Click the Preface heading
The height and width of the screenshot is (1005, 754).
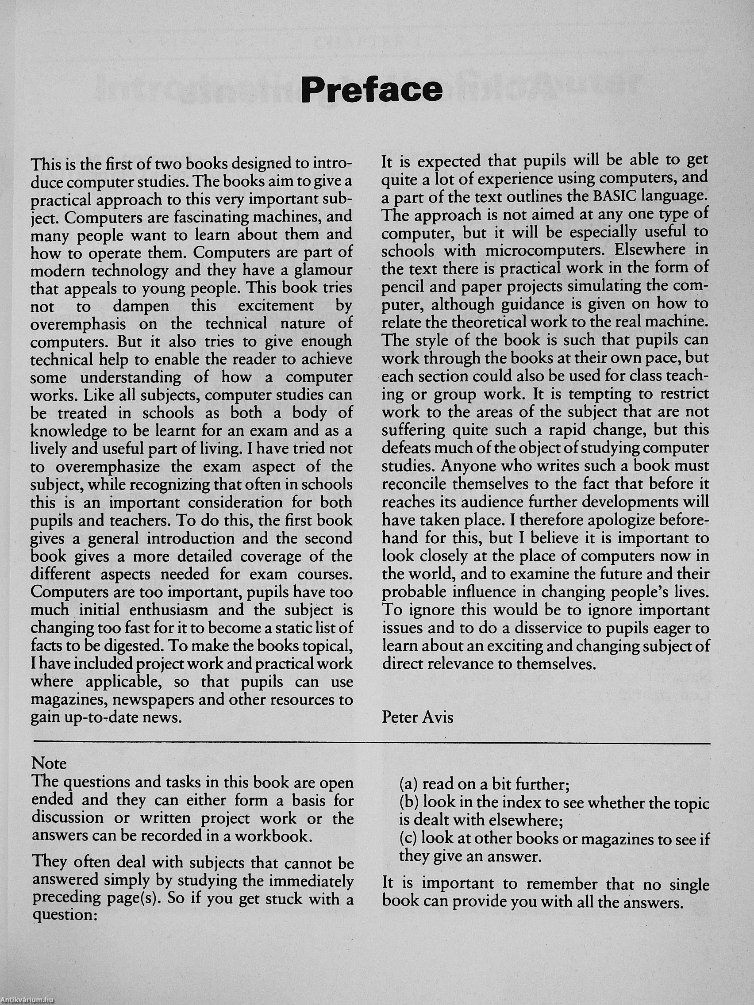click(371, 89)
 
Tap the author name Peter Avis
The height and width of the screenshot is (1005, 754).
click(417, 717)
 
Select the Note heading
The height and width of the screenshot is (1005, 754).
click(49, 763)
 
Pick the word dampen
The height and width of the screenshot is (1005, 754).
click(141, 306)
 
